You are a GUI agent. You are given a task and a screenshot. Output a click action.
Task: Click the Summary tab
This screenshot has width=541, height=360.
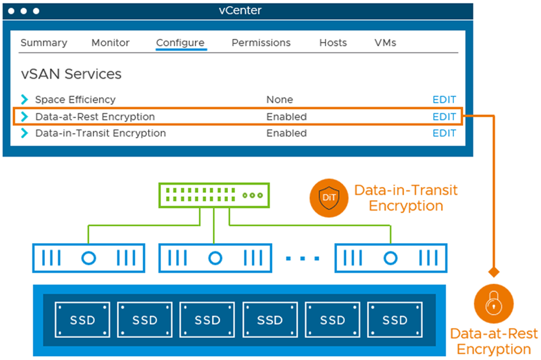pyautogui.click(x=44, y=43)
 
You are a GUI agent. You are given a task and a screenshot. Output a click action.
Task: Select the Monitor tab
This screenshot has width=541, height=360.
pyautogui.click(x=110, y=43)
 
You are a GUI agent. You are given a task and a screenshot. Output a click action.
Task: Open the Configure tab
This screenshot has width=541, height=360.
pyautogui.click(x=181, y=43)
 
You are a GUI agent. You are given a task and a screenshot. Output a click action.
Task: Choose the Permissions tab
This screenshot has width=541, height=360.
pyautogui.click(x=261, y=43)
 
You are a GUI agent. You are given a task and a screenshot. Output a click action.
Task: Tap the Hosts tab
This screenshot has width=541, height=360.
pyautogui.click(x=333, y=43)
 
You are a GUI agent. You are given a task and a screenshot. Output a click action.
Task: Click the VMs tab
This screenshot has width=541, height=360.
pyautogui.click(x=385, y=43)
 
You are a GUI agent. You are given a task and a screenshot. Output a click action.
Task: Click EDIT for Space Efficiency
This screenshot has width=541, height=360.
pyautogui.click(x=444, y=100)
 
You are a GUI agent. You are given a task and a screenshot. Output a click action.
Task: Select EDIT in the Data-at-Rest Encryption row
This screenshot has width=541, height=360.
pyautogui.click(x=444, y=117)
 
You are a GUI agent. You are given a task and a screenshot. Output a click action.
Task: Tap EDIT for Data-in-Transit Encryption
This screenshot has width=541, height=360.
pyautogui.click(x=444, y=133)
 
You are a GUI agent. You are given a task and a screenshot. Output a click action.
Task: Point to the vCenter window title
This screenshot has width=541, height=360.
pyautogui.click(x=240, y=10)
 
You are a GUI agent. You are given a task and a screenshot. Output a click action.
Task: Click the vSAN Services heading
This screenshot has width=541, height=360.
pyautogui.click(x=71, y=74)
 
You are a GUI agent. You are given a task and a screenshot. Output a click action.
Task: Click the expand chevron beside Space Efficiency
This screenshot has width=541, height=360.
pyautogui.click(x=24, y=99)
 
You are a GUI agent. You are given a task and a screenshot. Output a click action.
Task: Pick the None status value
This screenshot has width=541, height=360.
pyautogui.click(x=279, y=100)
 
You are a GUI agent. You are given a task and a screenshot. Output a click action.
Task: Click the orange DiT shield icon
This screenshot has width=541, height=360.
pyautogui.click(x=329, y=198)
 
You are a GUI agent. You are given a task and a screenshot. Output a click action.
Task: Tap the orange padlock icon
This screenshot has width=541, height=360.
pyautogui.click(x=494, y=303)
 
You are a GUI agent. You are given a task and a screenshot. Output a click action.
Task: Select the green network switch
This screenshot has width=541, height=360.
pyautogui.click(x=214, y=196)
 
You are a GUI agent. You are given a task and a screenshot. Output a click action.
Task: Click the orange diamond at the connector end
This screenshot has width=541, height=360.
pyautogui.click(x=494, y=272)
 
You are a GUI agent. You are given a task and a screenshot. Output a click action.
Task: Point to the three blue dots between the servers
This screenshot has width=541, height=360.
pyautogui.click(x=303, y=258)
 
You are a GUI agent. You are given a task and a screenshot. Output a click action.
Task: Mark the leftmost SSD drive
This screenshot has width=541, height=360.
pyautogui.click(x=82, y=320)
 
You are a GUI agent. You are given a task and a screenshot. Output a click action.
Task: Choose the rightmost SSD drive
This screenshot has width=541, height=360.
pyautogui.click(x=395, y=320)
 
